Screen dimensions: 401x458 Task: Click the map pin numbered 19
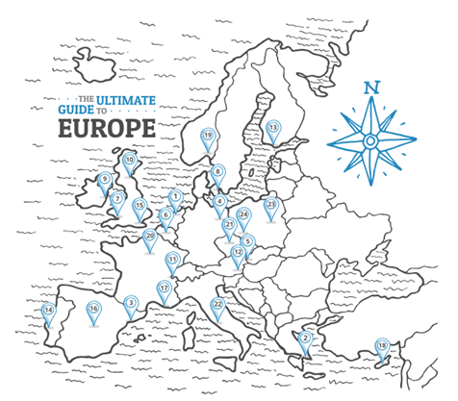207,137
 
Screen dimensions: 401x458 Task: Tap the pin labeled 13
272,128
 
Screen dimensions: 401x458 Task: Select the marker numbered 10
130,302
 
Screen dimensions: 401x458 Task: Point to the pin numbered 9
105,179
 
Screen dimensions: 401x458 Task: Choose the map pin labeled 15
140,206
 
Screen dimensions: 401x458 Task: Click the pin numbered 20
149,237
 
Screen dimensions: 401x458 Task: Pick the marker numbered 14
48,311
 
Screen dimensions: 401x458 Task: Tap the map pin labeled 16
93,310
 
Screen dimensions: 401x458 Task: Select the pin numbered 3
130,302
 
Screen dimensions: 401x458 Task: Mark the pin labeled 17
164,288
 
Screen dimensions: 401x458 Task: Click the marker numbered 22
217,305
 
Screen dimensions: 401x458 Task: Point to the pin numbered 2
305,338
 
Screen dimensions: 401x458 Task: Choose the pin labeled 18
382,346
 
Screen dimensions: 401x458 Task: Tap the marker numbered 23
271,205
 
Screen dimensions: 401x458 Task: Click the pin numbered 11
172,260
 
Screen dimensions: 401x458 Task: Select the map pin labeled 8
217,172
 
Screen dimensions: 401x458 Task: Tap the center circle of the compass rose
370,140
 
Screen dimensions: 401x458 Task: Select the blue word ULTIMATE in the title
122,99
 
